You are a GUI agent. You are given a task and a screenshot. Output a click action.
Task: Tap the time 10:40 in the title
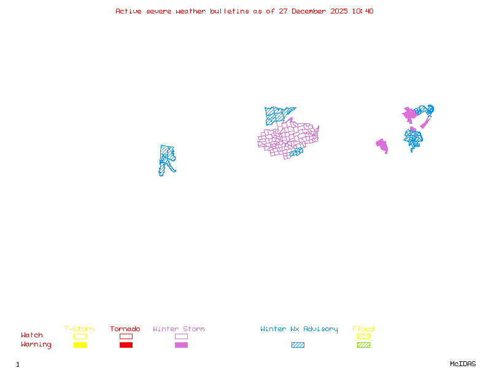(364, 11)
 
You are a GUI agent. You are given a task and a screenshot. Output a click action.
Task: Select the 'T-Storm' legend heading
(79, 329)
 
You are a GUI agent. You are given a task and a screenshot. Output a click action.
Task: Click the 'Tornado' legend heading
(125, 329)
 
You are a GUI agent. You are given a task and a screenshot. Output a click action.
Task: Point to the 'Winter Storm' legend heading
(179, 329)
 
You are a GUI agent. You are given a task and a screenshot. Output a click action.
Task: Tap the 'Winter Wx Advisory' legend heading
(299, 329)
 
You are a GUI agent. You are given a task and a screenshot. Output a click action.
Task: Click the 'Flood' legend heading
(363, 329)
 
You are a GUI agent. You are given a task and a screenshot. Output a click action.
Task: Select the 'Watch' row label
(32, 335)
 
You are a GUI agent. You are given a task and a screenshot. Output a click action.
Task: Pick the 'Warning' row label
(36, 345)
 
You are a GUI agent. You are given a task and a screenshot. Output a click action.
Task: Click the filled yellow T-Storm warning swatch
(80, 345)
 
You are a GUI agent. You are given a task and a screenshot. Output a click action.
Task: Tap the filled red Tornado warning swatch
(126, 345)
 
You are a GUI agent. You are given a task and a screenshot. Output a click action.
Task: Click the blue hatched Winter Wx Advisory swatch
(298, 345)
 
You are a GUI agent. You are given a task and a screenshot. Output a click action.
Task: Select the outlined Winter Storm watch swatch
(181, 336)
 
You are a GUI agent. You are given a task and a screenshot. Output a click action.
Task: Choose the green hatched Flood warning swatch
(363, 345)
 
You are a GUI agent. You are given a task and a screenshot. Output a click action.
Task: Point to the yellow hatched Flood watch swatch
(363, 336)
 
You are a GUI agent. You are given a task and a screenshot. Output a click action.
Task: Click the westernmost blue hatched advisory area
(166, 158)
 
